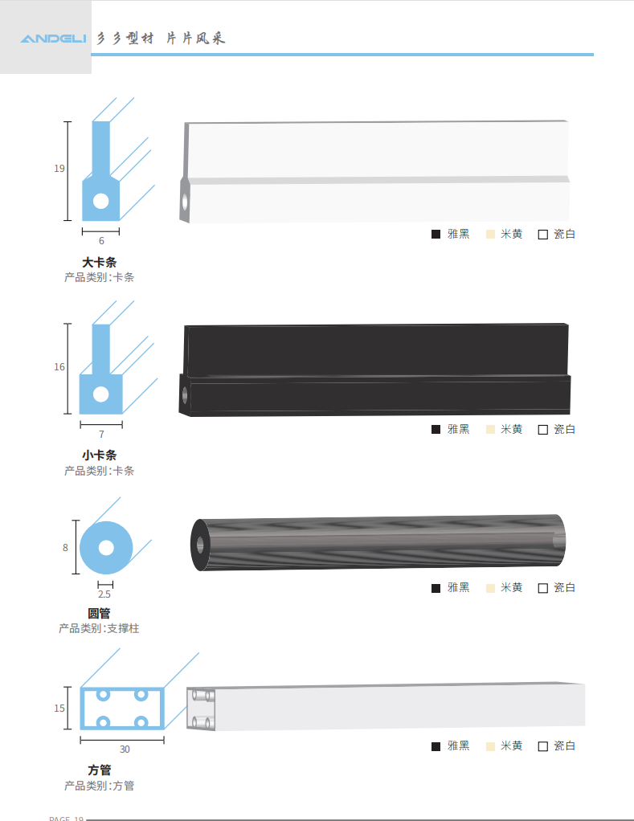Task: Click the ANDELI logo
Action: pos(53,39)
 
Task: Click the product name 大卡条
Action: pos(99,263)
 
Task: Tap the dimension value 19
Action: pos(59,169)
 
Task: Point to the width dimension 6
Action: pos(101,241)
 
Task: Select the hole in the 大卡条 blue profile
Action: pos(100,201)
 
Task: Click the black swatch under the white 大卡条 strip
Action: pos(436,234)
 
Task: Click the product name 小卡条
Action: pos(99,455)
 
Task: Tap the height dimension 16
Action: pos(59,367)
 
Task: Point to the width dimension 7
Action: pos(101,434)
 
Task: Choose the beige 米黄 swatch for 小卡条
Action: pos(490,429)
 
